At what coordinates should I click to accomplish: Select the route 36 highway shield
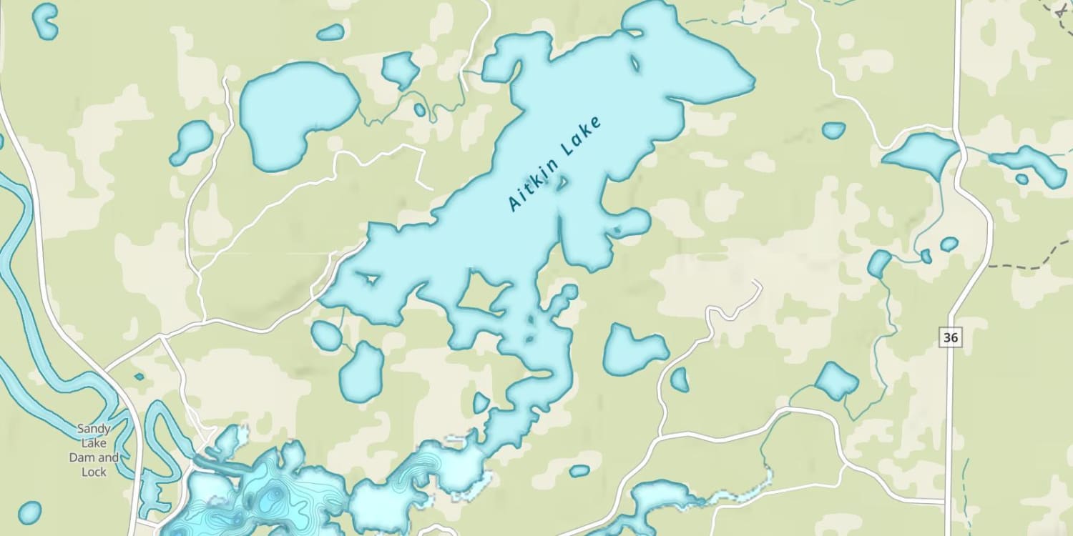tap(950, 337)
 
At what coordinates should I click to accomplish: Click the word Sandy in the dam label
tap(93, 430)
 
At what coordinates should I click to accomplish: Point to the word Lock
tap(94, 472)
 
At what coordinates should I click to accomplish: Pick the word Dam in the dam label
tap(80, 457)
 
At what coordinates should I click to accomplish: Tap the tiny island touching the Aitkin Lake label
tap(562, 183)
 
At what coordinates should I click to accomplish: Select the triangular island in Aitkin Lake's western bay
tap(370, 277)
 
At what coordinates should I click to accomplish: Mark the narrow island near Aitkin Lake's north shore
tap(634, 64)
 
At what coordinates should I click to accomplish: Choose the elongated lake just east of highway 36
tap(1030, 164)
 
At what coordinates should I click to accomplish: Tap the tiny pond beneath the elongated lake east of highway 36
tap(1021, 179)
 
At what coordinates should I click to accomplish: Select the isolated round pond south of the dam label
tap(29, 512)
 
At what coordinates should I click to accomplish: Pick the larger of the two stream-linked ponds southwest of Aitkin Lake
tap(361, 372)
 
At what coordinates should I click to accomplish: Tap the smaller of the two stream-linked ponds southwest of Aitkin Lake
tap(326, 335)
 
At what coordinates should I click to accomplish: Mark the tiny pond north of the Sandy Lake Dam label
tap(139, 376)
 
